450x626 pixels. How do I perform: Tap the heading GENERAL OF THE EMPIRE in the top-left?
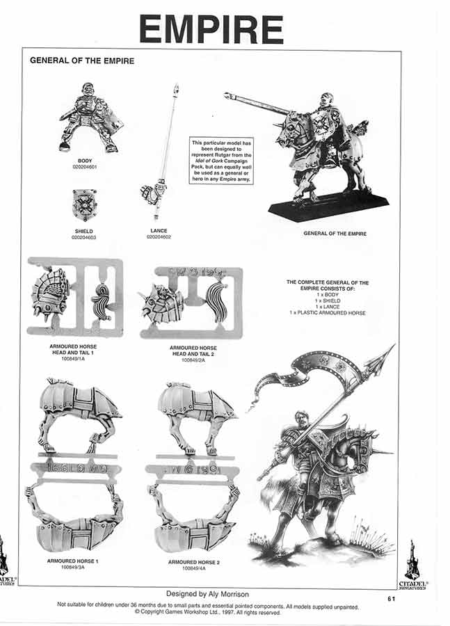82,61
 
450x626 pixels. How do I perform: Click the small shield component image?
84,204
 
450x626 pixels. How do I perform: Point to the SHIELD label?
83,231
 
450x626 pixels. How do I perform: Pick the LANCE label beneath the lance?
159,231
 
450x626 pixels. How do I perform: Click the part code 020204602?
159,237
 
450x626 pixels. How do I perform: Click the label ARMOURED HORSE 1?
73,560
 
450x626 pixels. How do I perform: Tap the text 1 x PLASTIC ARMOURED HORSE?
328,313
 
